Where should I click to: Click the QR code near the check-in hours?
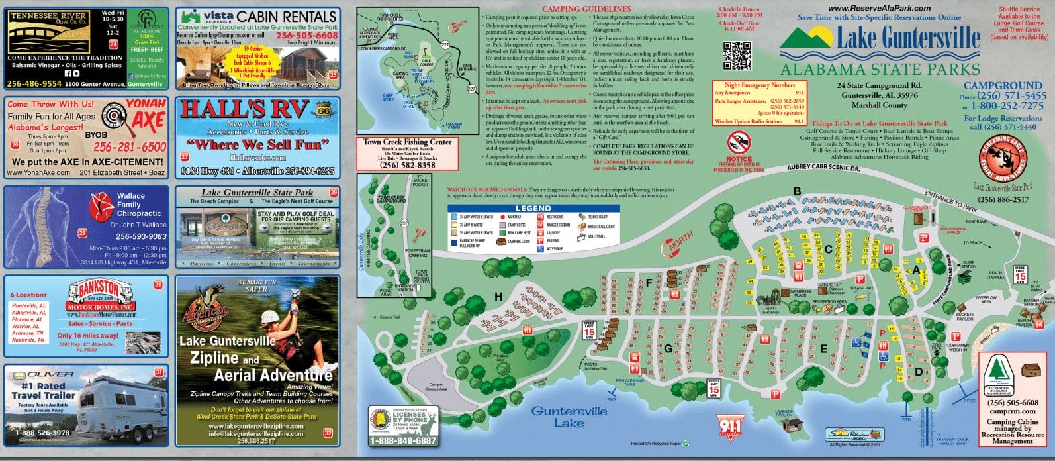(737, 55)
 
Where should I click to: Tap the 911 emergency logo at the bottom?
(729, 427)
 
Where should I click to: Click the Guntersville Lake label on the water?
(569, 417)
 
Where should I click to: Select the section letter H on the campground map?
(498, 296)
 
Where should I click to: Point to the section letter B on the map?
(797, 192)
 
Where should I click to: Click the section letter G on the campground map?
(668, 348)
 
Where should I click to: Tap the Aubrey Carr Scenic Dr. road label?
(823, 168)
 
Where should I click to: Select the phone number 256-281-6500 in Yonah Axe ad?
(130, 147)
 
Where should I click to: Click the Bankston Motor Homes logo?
(101, 295)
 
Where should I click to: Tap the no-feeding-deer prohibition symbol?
(739, 142)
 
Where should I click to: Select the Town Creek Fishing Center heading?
(407, 142)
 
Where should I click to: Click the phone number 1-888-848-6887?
(403, 440)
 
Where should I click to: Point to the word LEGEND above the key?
(533, 208)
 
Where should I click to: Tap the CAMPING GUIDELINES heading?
(586, 9)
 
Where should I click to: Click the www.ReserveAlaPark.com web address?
(879, 8)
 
